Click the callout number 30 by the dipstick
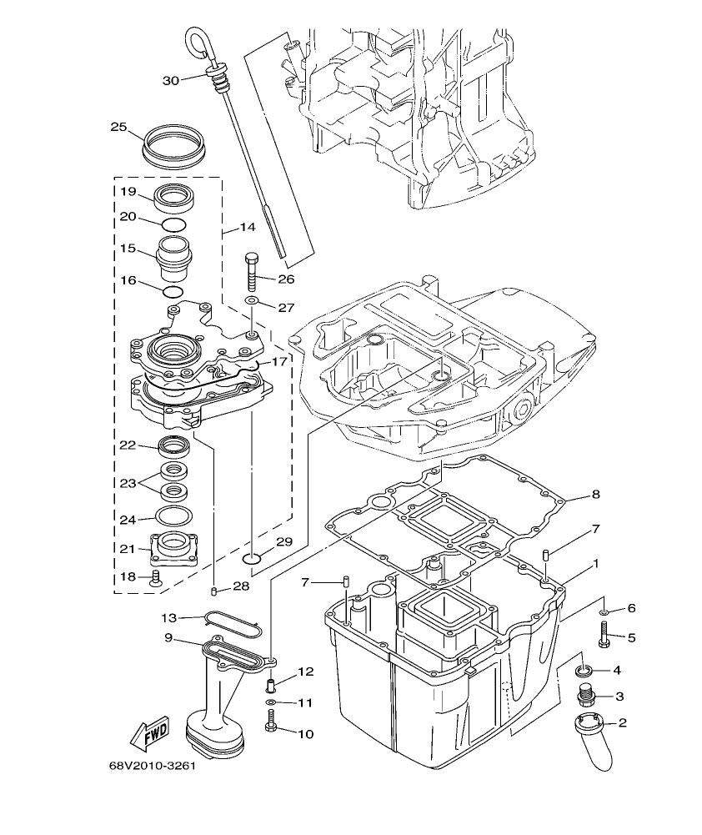click(x=170, y=80)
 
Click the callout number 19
click(x=127, y=192)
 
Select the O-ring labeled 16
click(x=173, y=291)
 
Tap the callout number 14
click(x=247, y=226)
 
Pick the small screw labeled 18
click(x=155, y=578)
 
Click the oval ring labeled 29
click(x=254, y=557)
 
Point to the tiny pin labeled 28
click(x=214, y=591)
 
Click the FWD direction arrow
click(x=149, y=735)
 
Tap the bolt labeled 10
click(x=271, y=727)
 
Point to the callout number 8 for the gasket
click(x=595, y=494)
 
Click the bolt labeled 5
click(x=602, y=638)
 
